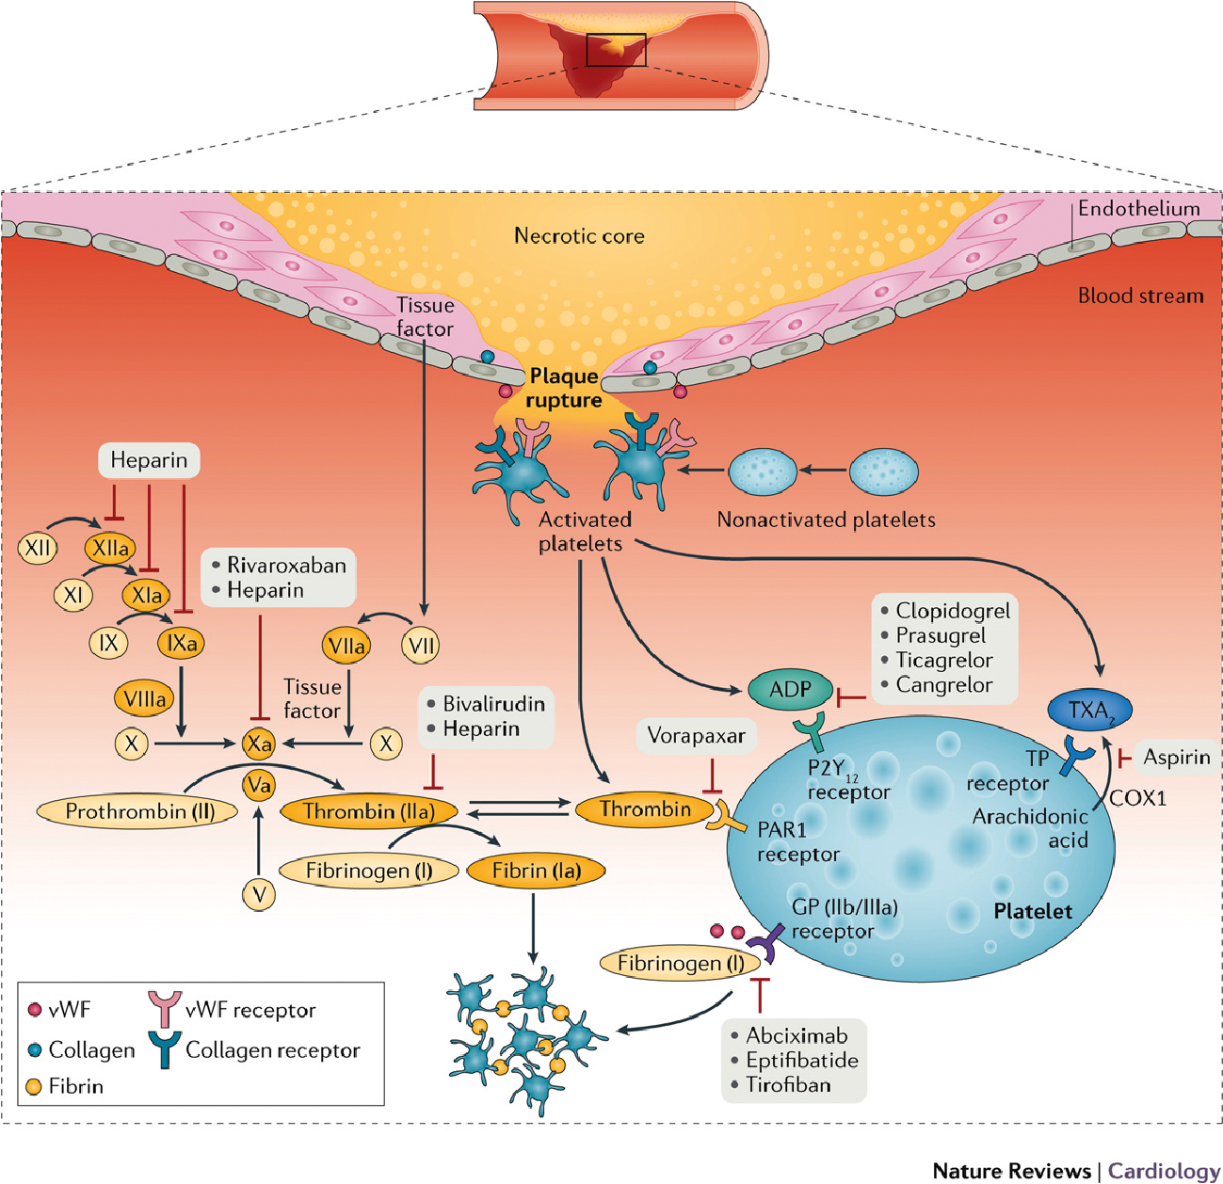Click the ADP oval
tap(790, 690)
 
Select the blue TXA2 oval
tap(1090, 711)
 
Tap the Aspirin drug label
tap(1176, 757)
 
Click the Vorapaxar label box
tap(696, 736)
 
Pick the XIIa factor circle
tap(110, 548)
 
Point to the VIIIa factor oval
tap(145, 698)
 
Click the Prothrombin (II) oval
tap(138, 811)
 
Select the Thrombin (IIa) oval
tap(369, 811)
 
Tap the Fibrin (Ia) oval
tap(536, 871)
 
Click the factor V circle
tap(259, 894)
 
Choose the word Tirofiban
tap(788, 1085)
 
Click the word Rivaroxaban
tap(286, 566)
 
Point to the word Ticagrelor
tap(943, 660)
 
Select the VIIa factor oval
tap(346, 646)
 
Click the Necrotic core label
tap(579, 235)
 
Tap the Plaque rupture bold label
tap(564, 388)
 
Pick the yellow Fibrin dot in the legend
tap(34, 1087)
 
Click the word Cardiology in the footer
tap(1164, 1171)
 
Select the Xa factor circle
tap(258, 744)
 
